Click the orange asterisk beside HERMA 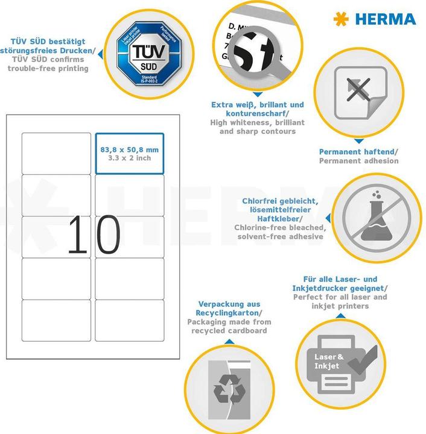coord(341,19)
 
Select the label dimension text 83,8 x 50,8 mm coord(129,149)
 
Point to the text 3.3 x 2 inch coord(129,158)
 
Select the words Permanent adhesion coord(358,161)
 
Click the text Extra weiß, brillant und coord(249,104)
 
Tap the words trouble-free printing coord(48,68)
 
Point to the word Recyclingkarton coord(228,313)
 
